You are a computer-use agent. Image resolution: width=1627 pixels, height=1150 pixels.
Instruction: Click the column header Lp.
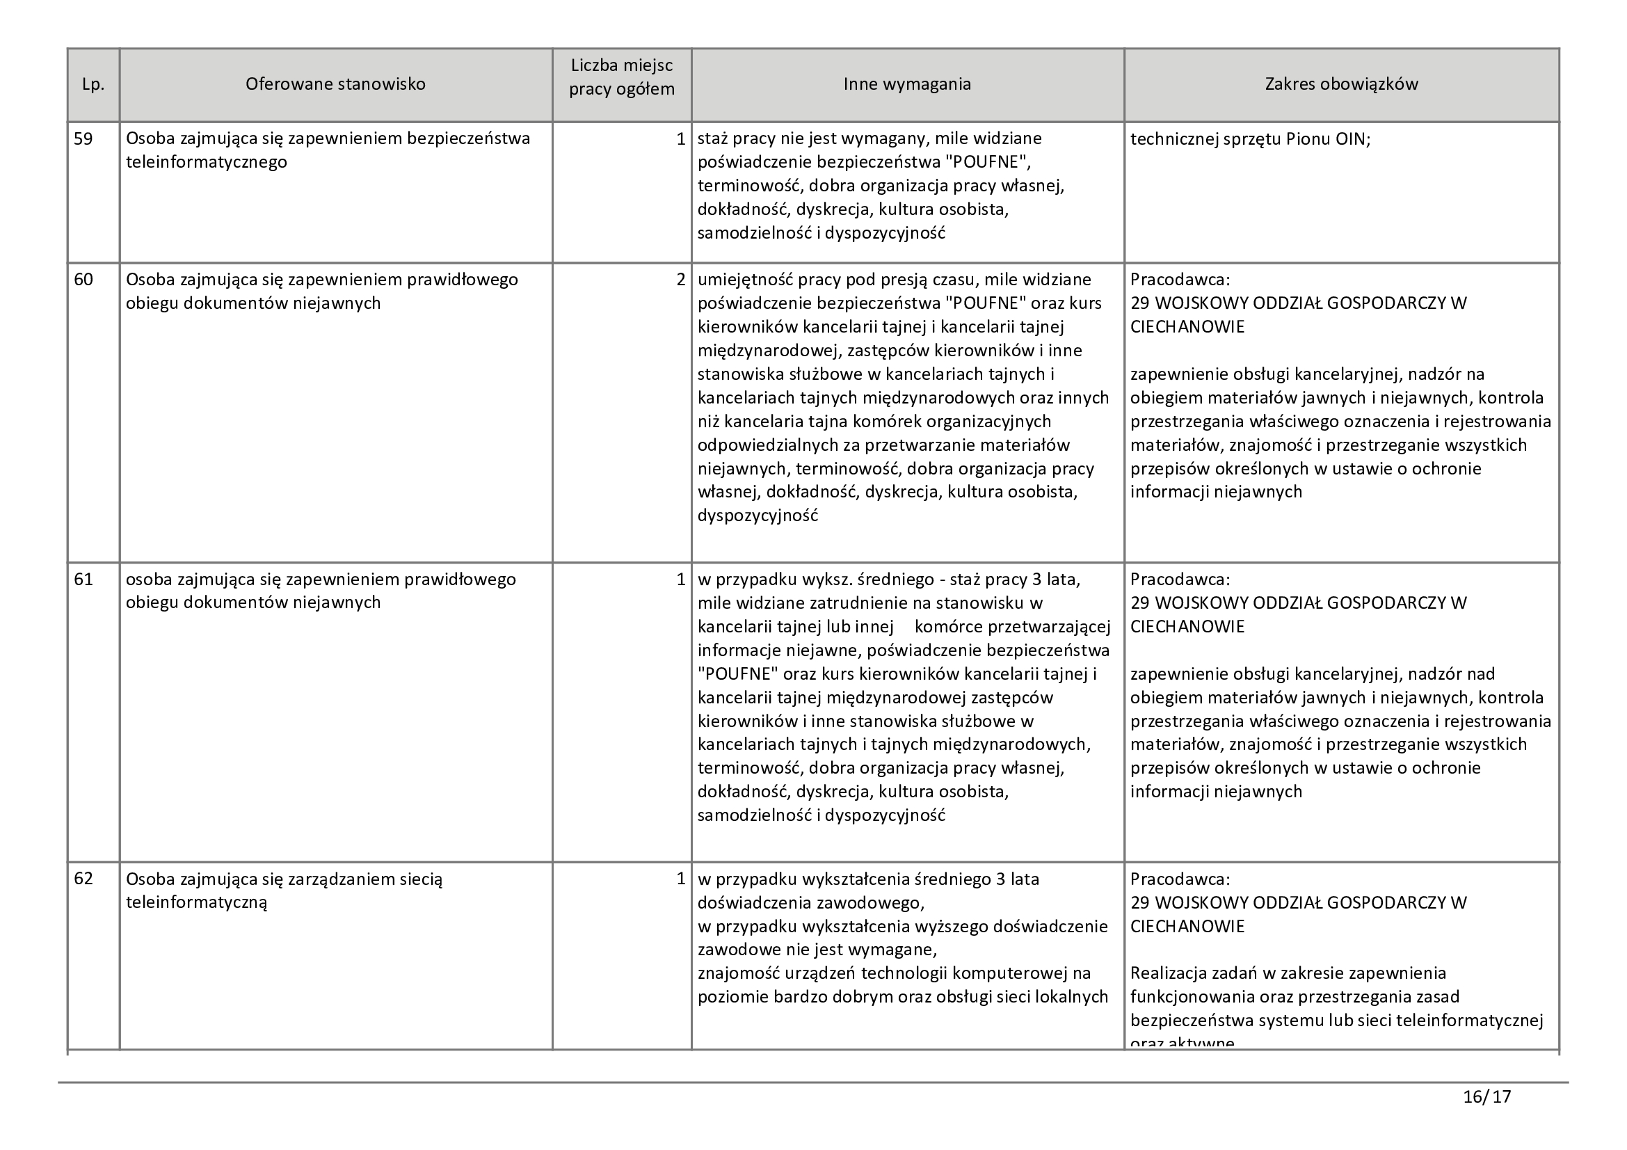pos(93,84)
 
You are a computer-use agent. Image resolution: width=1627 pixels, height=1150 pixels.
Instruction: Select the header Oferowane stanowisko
pos(335,84)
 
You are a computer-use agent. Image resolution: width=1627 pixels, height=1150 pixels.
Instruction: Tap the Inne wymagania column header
pos(906,84)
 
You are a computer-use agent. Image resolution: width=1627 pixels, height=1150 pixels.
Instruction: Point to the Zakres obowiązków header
pos(1340,84)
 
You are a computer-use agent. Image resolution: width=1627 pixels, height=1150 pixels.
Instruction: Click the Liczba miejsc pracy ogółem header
pos(621,78)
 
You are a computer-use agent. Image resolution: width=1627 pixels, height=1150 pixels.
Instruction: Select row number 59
pos(83,139)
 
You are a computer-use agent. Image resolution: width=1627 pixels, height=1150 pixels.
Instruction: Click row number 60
pos(83,280)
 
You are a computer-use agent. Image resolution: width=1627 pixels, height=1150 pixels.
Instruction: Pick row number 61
pos(83,580)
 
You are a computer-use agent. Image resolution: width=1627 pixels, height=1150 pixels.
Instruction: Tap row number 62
pos(83,879)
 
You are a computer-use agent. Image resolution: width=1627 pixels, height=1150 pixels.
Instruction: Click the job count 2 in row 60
pos(680,280)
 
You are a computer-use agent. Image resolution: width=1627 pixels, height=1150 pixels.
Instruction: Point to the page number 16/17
pos(1486,1098)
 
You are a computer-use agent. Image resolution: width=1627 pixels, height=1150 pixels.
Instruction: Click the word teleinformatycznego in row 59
pos(206,162)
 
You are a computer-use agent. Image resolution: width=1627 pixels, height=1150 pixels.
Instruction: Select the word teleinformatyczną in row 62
pos(196,903)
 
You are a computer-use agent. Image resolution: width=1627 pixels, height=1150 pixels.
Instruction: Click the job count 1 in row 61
pos(680,580)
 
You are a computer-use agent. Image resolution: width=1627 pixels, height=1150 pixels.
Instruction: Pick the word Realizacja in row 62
pos(1171,973)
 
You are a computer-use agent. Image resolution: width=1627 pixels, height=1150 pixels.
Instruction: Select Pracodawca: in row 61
pos(1180,580)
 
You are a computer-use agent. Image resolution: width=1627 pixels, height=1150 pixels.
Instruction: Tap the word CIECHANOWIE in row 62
pos(1187,927)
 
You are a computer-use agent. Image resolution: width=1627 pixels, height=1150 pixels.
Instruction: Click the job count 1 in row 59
pos(680,139)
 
